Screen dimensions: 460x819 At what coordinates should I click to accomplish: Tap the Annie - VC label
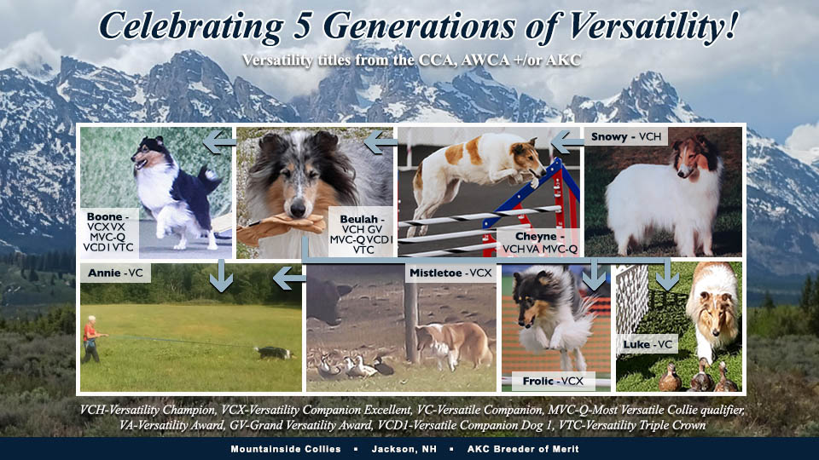coord(119,273)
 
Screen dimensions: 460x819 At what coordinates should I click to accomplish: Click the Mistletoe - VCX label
coord(450,273)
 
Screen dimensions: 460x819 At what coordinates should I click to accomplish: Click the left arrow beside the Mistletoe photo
coord(290,276)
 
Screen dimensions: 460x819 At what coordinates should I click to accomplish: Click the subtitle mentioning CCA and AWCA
coord(409,61)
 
